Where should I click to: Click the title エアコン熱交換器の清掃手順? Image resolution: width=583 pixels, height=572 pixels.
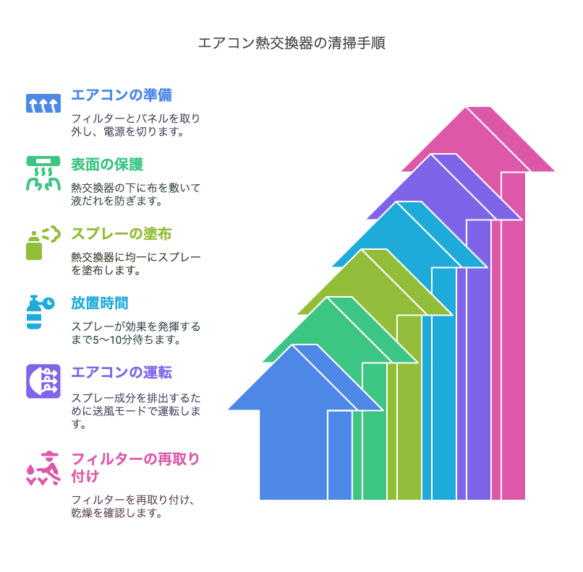pyautogui.click(x=291, y=43)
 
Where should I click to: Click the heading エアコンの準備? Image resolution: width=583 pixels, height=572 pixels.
pyautogui.click(x=122, y=95)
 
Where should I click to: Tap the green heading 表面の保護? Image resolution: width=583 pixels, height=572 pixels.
pyautogui.click(x=107, y=165)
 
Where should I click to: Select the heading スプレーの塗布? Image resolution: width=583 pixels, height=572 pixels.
pyautogui.click(x=122, y=234)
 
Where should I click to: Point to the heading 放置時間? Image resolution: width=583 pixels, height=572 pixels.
pyautogui.click(x=100, y=303)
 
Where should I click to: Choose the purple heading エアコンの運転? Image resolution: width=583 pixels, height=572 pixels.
pyautogui.click(x=122, y=372)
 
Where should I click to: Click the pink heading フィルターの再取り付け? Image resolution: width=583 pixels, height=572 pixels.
pyautogui.click(x=135, y=468)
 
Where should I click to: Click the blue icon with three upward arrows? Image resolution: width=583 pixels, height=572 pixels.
pyautogui.click(x=43, y=103)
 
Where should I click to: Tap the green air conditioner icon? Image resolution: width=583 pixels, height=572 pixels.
pyautogui.click(x=43, y=173)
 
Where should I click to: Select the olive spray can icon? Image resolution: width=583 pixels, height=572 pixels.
pyautogui.click(x=43, y=243)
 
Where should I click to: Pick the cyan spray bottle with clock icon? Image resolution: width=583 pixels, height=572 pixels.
pyautogui.click(x=41, y=312)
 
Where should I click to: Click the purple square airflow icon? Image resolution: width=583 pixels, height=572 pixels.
pyautogui.click(x=43, y=381)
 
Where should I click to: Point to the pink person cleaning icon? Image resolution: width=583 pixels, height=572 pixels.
pyautogui.click(x=43, y=468)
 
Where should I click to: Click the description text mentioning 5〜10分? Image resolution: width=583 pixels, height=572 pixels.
pyautogui.click(x=136, y=333)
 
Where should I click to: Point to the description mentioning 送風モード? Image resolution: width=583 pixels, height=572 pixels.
pyautogui.click(x=136, y=410)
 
